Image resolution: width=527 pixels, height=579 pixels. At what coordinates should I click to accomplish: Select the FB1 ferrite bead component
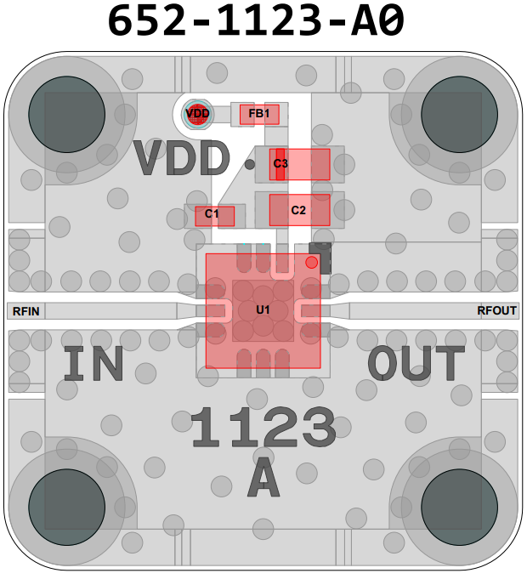[259, 114]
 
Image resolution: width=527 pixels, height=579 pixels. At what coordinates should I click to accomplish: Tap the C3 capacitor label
[280, 163]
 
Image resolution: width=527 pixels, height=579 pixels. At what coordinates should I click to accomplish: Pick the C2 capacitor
[299, 210]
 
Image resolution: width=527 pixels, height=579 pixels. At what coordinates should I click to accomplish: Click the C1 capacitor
[213, 215]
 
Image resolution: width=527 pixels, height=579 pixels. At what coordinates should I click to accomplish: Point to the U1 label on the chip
[263, 309]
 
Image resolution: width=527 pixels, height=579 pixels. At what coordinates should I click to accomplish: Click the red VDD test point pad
[197, 113]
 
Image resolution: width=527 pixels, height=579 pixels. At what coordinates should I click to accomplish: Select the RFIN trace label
[25, 311]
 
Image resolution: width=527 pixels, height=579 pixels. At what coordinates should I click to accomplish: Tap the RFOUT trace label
[496, 311]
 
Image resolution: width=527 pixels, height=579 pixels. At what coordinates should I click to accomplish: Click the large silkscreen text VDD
[182, 159]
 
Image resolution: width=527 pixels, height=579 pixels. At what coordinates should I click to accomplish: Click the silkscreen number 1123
[263, 428]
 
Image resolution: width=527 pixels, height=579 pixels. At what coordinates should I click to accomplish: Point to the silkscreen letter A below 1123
[263, 480]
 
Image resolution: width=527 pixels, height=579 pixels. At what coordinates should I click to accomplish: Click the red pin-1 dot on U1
[312, 263]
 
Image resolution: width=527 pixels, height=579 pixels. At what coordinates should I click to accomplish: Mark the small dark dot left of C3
[250, 164]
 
